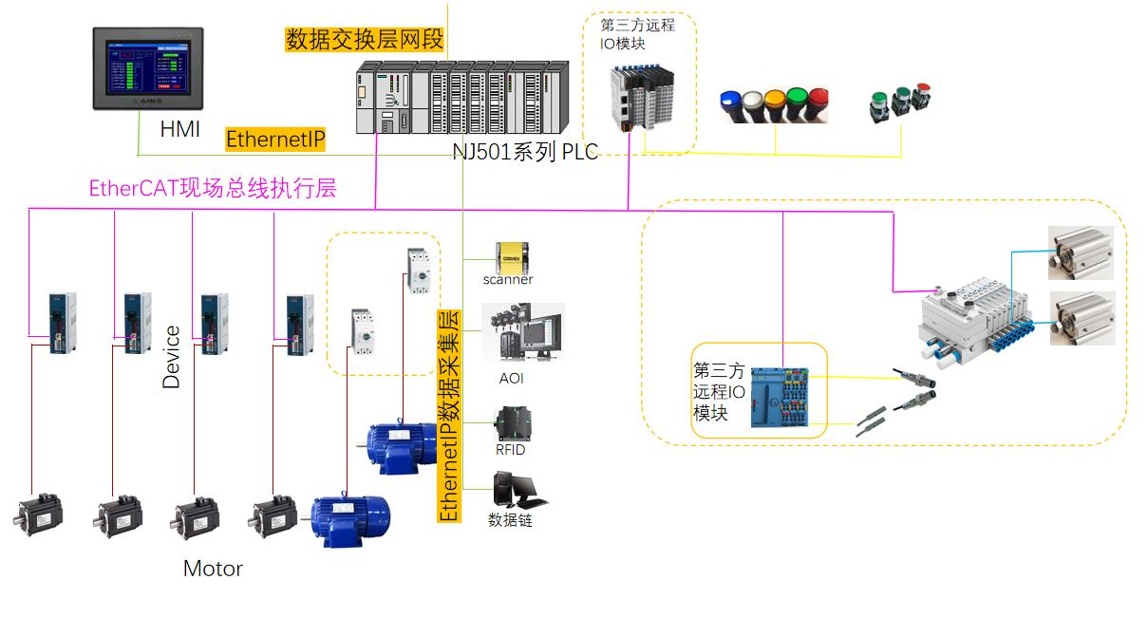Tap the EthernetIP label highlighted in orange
pyautogui.click(x=275, y=140)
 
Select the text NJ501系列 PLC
pyautogui.click(x=525, y=152)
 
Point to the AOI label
pyautogui.click(x=511, y=379)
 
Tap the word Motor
pyautogui.click(x=213, y=569)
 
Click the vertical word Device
pyautogui.click(x=171, y=357)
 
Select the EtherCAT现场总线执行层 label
pyautogui.click(x=212, y=188)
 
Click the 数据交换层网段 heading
pyautogui.click(x=365, y=39)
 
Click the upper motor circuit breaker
pyautogui.click(x=418, y=270)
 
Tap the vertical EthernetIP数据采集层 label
pyautogui.click(x=448, y=416)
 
